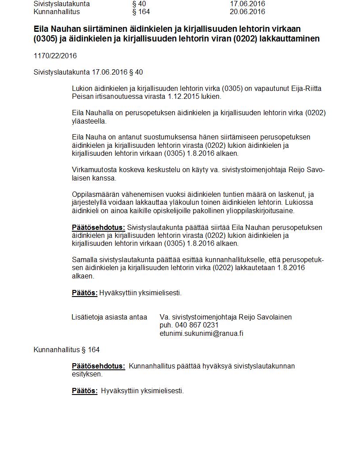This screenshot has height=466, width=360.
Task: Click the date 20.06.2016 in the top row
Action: point(247,11)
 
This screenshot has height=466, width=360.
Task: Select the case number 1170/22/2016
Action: point(55,56)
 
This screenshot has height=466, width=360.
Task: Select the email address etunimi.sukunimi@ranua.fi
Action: point(201,333)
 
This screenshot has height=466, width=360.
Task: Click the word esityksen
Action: point(87,374)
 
